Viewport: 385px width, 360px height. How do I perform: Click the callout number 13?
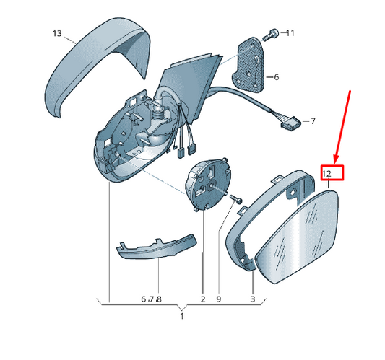tap(57, 33)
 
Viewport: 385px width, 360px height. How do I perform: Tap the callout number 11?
tap(290, 33)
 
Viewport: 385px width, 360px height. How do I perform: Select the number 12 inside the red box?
tap(326, 174)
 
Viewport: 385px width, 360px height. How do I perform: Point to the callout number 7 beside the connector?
tap(313, 121)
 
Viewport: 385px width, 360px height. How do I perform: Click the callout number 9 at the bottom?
tap(219, 299)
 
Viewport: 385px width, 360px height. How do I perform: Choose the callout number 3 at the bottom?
tap(253, 299)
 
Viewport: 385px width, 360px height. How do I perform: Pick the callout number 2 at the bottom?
tap(203, 299)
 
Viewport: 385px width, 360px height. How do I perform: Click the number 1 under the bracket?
tap(182, 316)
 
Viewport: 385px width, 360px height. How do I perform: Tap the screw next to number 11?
tap(271, 35)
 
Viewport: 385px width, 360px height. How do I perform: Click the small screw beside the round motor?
tap(235, 198)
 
